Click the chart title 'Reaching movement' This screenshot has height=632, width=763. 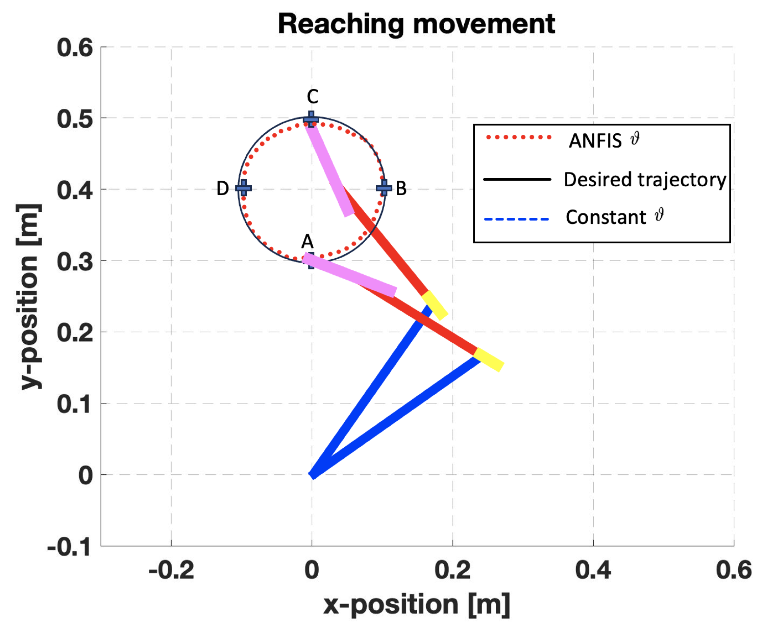pyautogui.click(x=416, y=24)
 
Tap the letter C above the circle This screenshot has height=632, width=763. pyautogui.click(x=313, y=97)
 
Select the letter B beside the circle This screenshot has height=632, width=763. pyautogui.click(x=401, y=188)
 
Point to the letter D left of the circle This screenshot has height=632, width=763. pyautogui.click(x=223, y=188)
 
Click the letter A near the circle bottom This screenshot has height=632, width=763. pyautogui.click(x=307, y=241)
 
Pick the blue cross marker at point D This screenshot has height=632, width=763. pyautogui.click(x=243, y=188)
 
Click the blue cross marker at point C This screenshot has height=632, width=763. pyautogui.click(x=311, y=119)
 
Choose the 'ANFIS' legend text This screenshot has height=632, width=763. pyautogui.click(x=595, y=141)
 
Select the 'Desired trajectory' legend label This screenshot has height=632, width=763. pyautogui.click(x=644, y=179)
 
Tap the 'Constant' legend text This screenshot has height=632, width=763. pyautogui.click(x=606, y=217)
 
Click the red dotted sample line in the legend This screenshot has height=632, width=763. pyautogui.click(x=518, y=137)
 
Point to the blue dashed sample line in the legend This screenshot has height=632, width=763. pyautogui.click(x=516, y=219)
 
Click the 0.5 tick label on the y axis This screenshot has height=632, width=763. pyautogui.click(x=75, y=119)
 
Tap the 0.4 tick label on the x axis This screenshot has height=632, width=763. pyautogui.click(x=593, y=571)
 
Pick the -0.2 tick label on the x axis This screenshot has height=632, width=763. pyautogui.click(x=171, y=571)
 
